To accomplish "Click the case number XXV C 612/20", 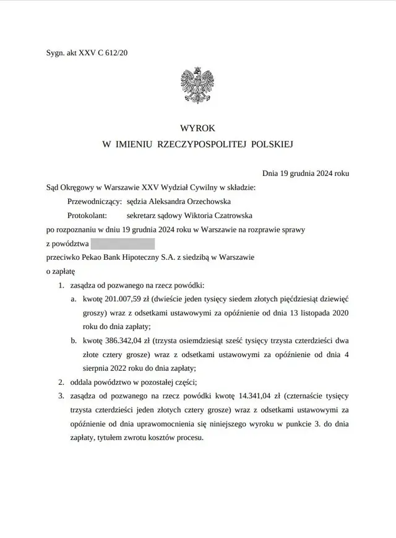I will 100,53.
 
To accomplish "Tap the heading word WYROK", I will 197,128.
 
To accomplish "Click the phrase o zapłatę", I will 61,270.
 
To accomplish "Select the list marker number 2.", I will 61,382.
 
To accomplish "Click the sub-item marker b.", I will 73,340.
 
